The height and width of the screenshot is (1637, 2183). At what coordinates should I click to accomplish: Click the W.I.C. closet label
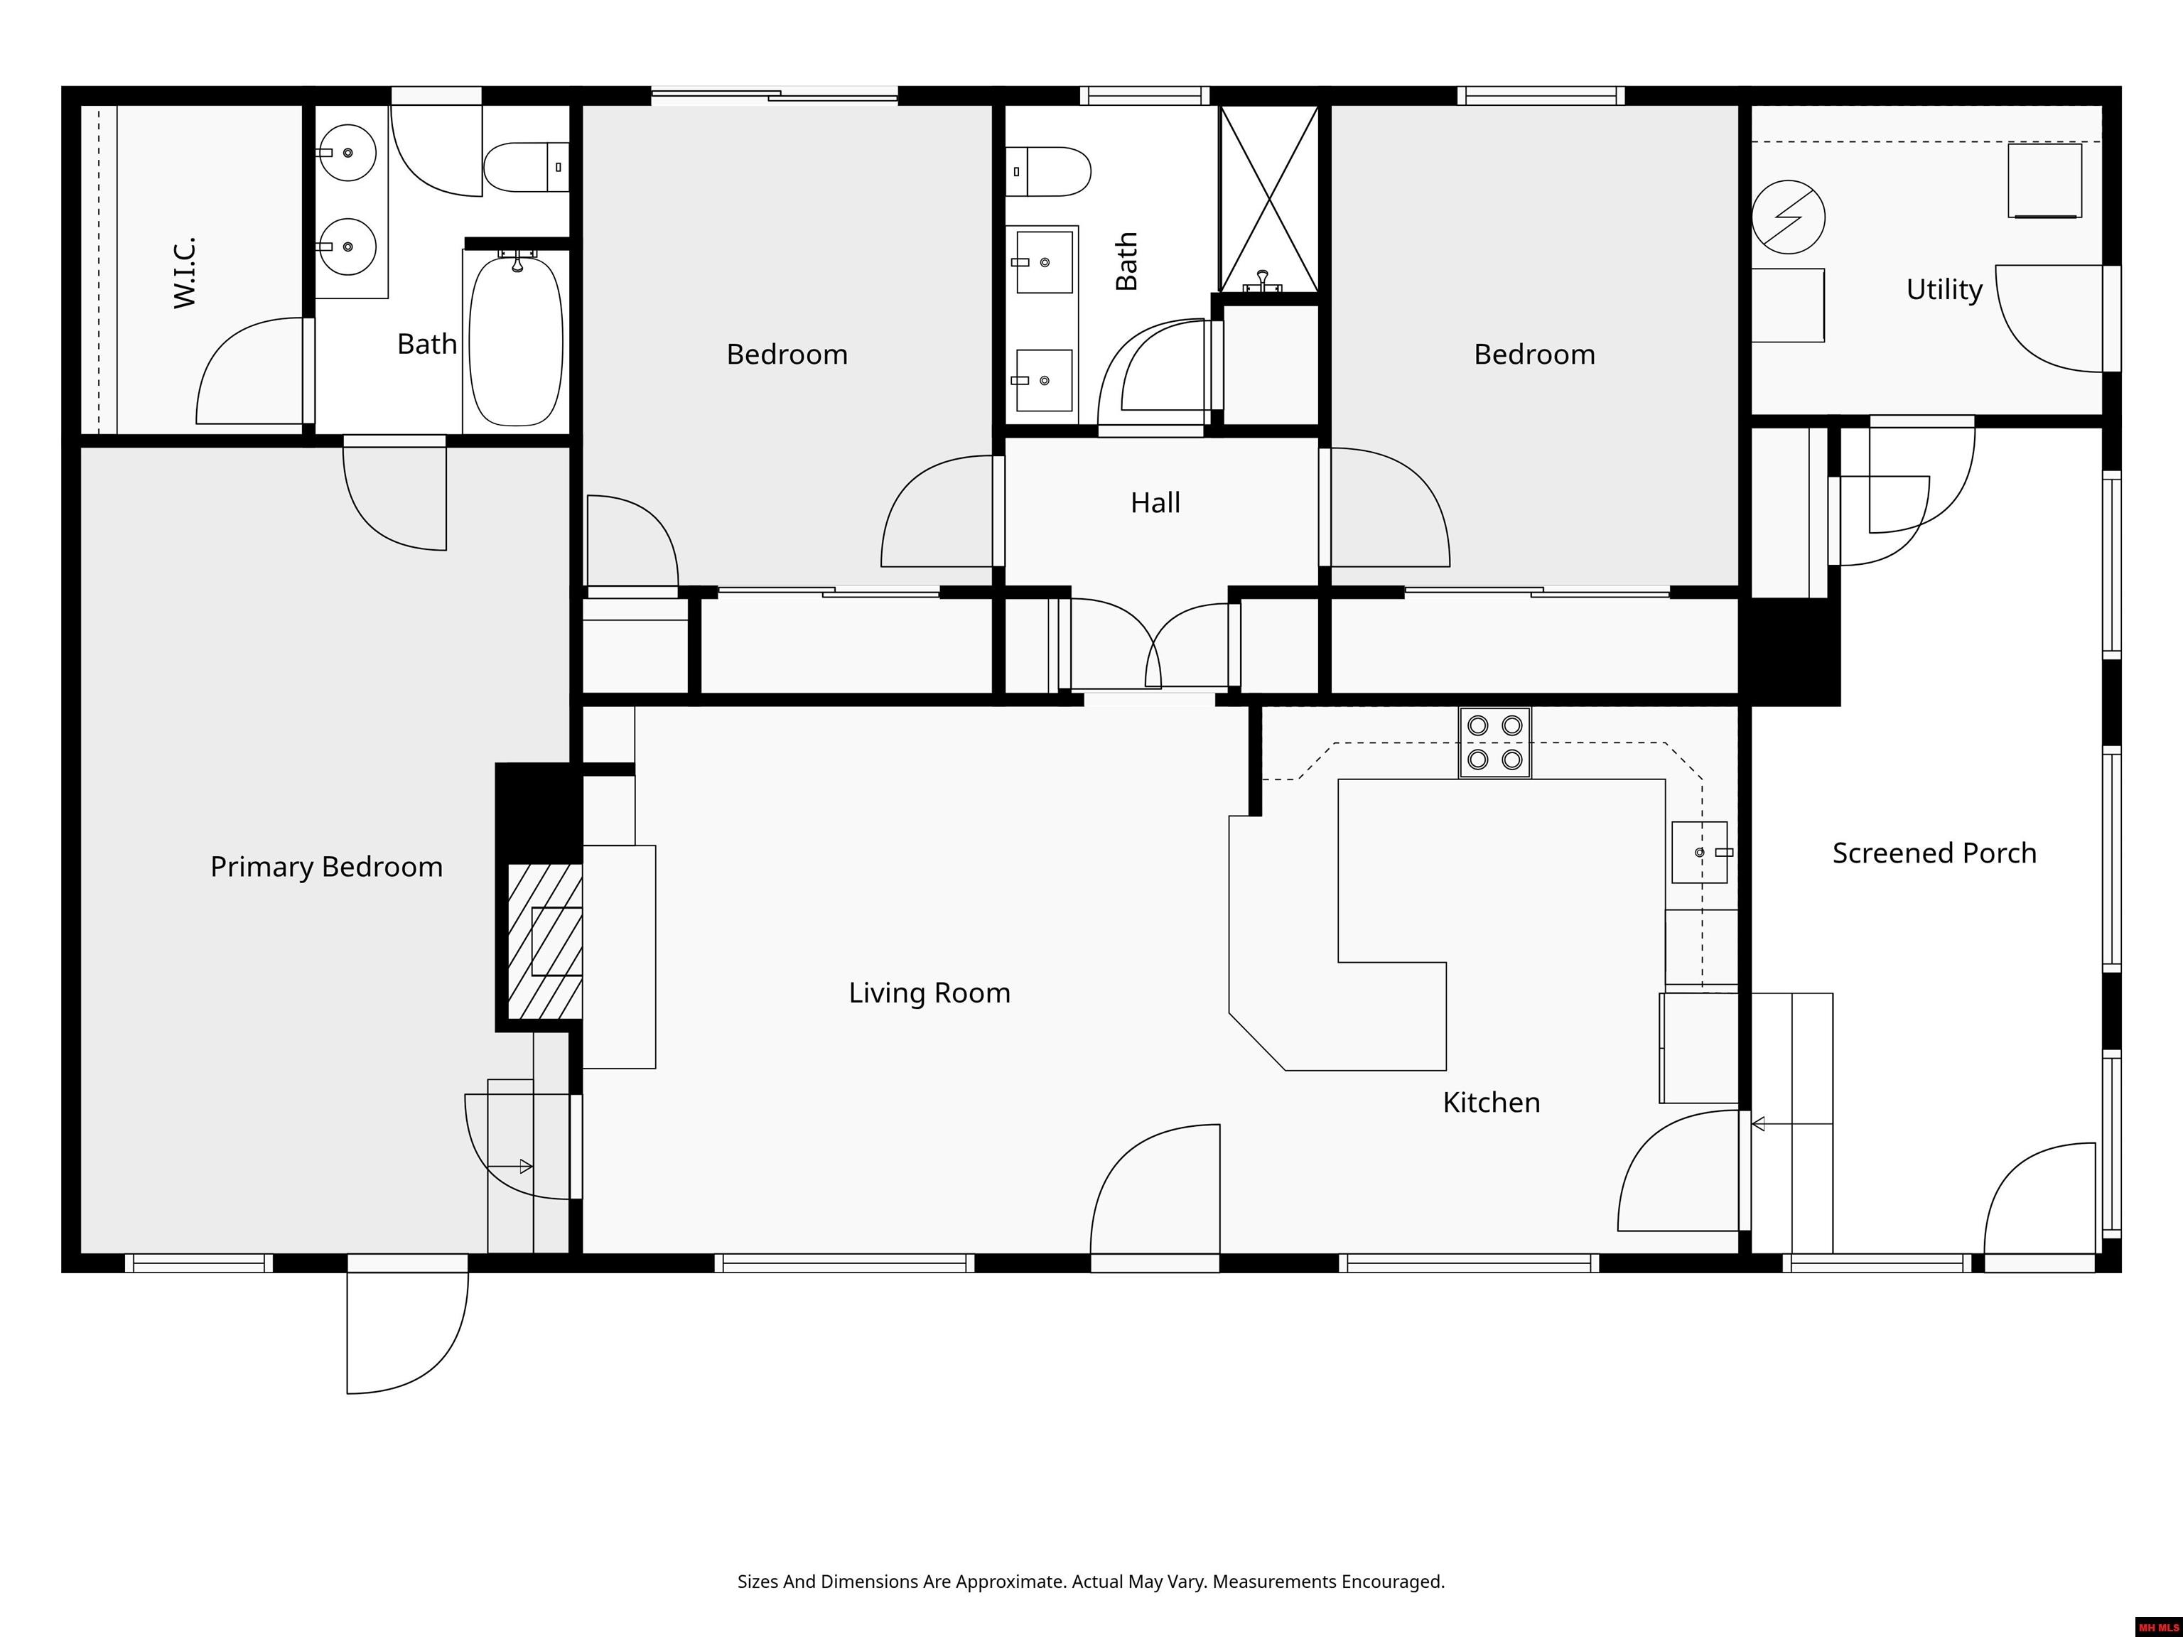[185, 272]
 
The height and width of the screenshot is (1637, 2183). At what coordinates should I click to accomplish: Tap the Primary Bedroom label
[327, 866]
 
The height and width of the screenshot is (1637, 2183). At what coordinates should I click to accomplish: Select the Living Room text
[929, 993]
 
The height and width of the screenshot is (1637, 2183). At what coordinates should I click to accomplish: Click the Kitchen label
[1491, 1102]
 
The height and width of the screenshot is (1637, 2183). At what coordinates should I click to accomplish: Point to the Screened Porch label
[1934, 853]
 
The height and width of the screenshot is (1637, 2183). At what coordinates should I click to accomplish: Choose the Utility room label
[1944, 289]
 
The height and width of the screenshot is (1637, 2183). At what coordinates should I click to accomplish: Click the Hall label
[1155, 502]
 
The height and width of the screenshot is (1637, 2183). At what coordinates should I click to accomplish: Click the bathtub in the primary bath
[515, 340]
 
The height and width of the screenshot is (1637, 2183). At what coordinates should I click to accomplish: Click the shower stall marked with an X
[1269, 198]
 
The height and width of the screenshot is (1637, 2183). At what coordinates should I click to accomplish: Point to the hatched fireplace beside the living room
[545, 942]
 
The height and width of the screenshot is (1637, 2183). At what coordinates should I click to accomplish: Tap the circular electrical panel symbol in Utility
[1788, 217]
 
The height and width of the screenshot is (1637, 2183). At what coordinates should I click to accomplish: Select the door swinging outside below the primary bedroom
[406, 1332]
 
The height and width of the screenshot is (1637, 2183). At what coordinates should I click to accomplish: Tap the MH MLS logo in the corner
[2158, 1627]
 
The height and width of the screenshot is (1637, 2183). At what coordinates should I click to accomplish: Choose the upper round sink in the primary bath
[347, 153]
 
